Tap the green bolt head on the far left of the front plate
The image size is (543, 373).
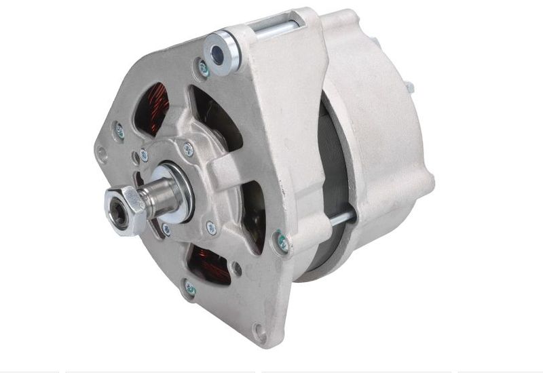point(119,130)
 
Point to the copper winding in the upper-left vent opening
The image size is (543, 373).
point(155,109)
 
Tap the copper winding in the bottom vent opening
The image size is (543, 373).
point(210,264)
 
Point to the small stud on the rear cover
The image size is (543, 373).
point(410,86)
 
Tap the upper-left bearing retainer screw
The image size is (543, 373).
point(144,155)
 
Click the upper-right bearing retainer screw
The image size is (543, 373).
point(188,150)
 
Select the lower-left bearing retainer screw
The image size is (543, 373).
point(166,229)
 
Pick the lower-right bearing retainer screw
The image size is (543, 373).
point(211,228)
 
